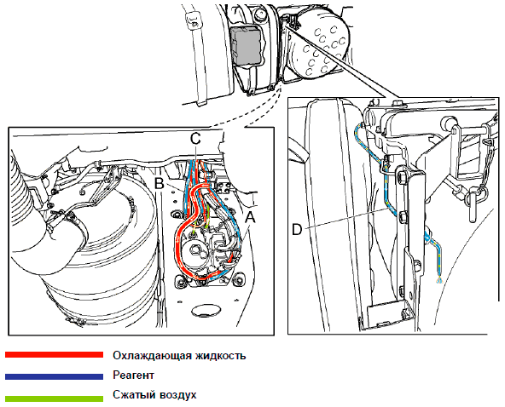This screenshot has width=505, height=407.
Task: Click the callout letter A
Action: [250, 217]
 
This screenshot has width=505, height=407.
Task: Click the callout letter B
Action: [160, 184]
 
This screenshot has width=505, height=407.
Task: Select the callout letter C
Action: [195, 139]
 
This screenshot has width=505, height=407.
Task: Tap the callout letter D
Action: [297, 230]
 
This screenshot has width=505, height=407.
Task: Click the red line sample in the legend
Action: [54, 354]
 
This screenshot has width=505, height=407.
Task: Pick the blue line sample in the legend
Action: [54, 376]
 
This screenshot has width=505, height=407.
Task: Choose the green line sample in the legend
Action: [54, 398]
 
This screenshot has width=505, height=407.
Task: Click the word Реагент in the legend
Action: [133, 375]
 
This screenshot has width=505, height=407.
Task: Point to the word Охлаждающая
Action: [151, 356]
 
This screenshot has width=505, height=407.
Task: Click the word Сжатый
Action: [131, 394]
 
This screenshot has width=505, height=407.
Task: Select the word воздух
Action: [174, 395]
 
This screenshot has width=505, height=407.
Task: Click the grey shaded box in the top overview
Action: [247, 45]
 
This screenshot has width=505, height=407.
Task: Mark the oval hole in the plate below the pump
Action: [206, 311]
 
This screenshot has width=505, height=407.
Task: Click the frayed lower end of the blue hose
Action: [439, 280]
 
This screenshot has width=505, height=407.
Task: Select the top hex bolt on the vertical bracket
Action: [403, 178]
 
